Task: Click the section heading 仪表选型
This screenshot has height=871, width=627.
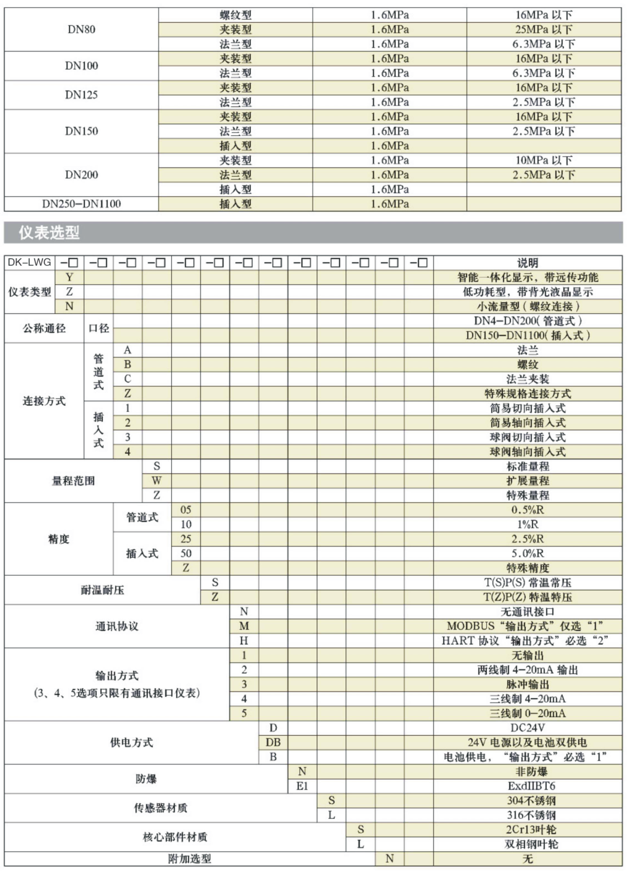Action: (x=49, y=233)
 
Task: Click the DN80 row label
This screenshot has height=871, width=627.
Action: (x=81, y=29)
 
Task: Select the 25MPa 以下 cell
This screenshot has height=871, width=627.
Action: (x=543, y=29)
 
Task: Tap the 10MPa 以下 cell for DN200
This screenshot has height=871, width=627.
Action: (x=543, y=160)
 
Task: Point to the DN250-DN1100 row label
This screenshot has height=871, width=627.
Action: (x=81, y=204)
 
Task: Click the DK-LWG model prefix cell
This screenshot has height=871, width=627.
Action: (x=29, y=262)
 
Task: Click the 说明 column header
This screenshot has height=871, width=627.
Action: (x=527, y=262)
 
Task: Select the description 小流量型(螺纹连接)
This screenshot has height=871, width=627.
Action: (x=527, y=306)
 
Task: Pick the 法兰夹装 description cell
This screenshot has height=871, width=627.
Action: (x=527, y=379)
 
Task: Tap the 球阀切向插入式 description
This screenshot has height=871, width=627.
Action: (x=527, y=437)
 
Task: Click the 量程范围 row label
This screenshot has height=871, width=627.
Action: (x=73, y=481)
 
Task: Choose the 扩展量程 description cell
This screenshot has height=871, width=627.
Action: (x=527, y=481)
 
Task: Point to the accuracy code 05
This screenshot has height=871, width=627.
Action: (x=186, y=510)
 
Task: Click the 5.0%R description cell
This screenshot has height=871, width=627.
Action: (x=527, y=554)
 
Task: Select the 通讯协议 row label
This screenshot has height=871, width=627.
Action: (x=117, y=626)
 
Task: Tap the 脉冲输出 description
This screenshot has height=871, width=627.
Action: (x=527, y=684)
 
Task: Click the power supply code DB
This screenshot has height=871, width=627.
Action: (x=273, y=742)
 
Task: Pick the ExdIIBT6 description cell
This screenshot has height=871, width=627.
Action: (x=527, y=786)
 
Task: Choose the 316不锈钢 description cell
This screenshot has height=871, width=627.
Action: (x=527, y=815)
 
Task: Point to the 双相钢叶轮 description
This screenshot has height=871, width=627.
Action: (x=527, y=844)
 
